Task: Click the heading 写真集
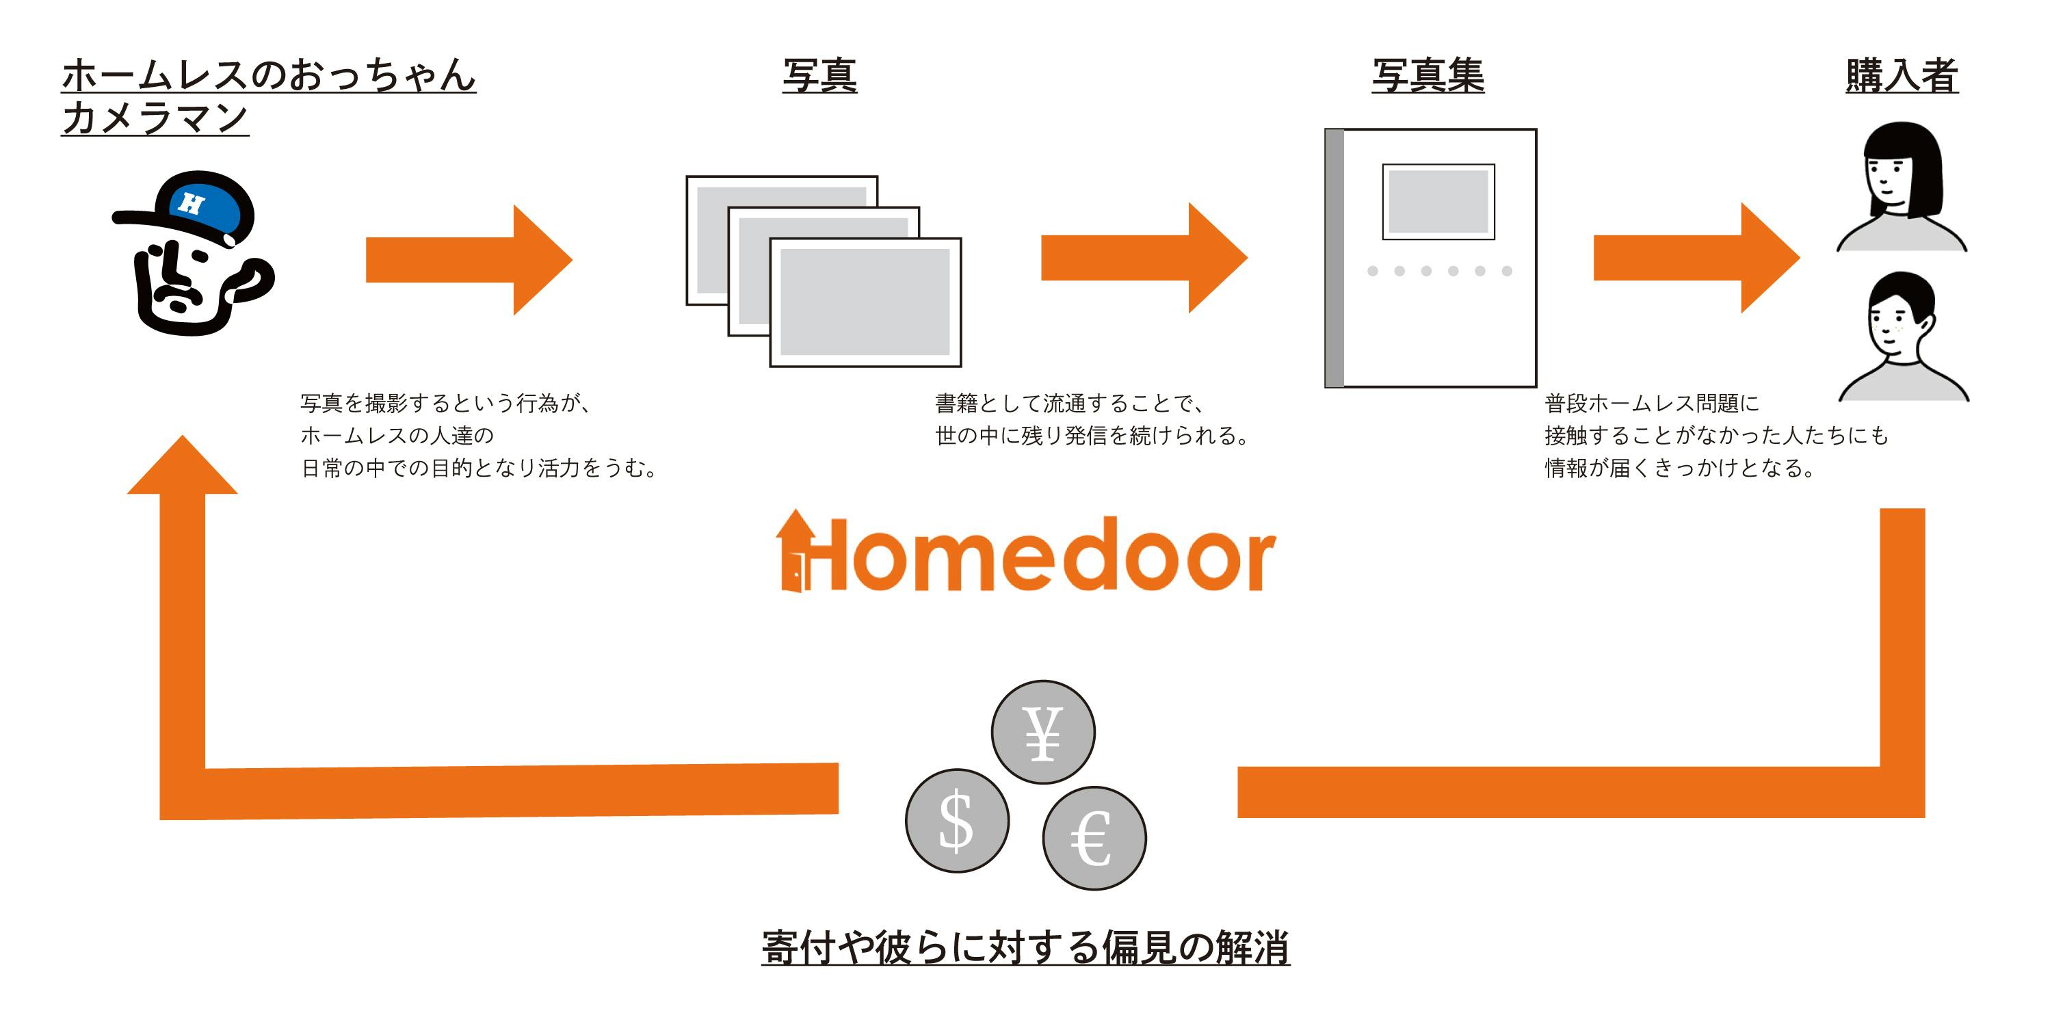point(1428,77)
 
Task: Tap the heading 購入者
point(1902,77)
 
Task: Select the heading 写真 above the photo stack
point(819,77)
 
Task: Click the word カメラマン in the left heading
point(155,118)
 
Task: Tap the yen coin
point(1042,732)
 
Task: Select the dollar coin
point(957,820)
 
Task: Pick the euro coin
point(1094,838)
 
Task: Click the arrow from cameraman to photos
point(469,260)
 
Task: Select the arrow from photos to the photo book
point(1143,258)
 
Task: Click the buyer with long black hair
point(1902,187)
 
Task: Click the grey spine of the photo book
point(1334,258)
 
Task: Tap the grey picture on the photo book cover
point(1438,202)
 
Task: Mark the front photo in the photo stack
point(865,302)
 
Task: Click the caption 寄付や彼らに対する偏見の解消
point(1025,948)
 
